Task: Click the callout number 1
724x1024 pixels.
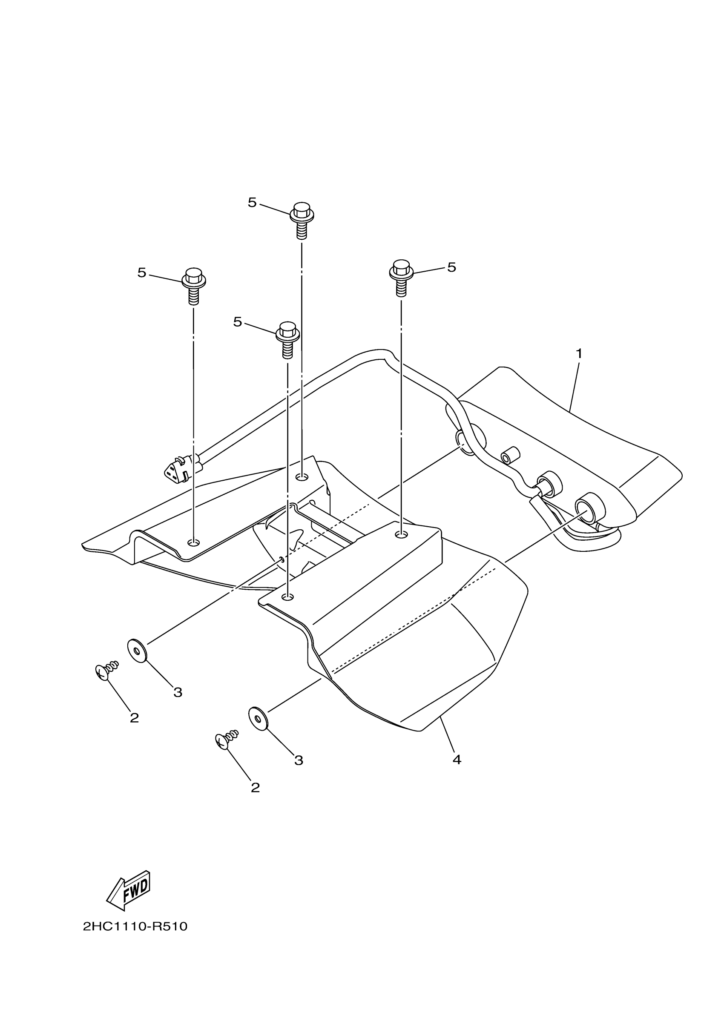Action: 579,354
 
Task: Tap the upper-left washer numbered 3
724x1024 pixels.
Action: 138,651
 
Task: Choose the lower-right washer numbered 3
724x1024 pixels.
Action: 258,718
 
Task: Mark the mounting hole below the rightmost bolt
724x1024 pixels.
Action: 402,534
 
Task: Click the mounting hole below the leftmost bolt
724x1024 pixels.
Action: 194,542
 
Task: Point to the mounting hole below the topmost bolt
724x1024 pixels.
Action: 302,478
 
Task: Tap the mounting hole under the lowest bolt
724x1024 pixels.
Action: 288,597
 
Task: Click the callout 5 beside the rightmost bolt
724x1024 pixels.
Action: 451,267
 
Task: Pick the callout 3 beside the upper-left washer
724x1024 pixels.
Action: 178,693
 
